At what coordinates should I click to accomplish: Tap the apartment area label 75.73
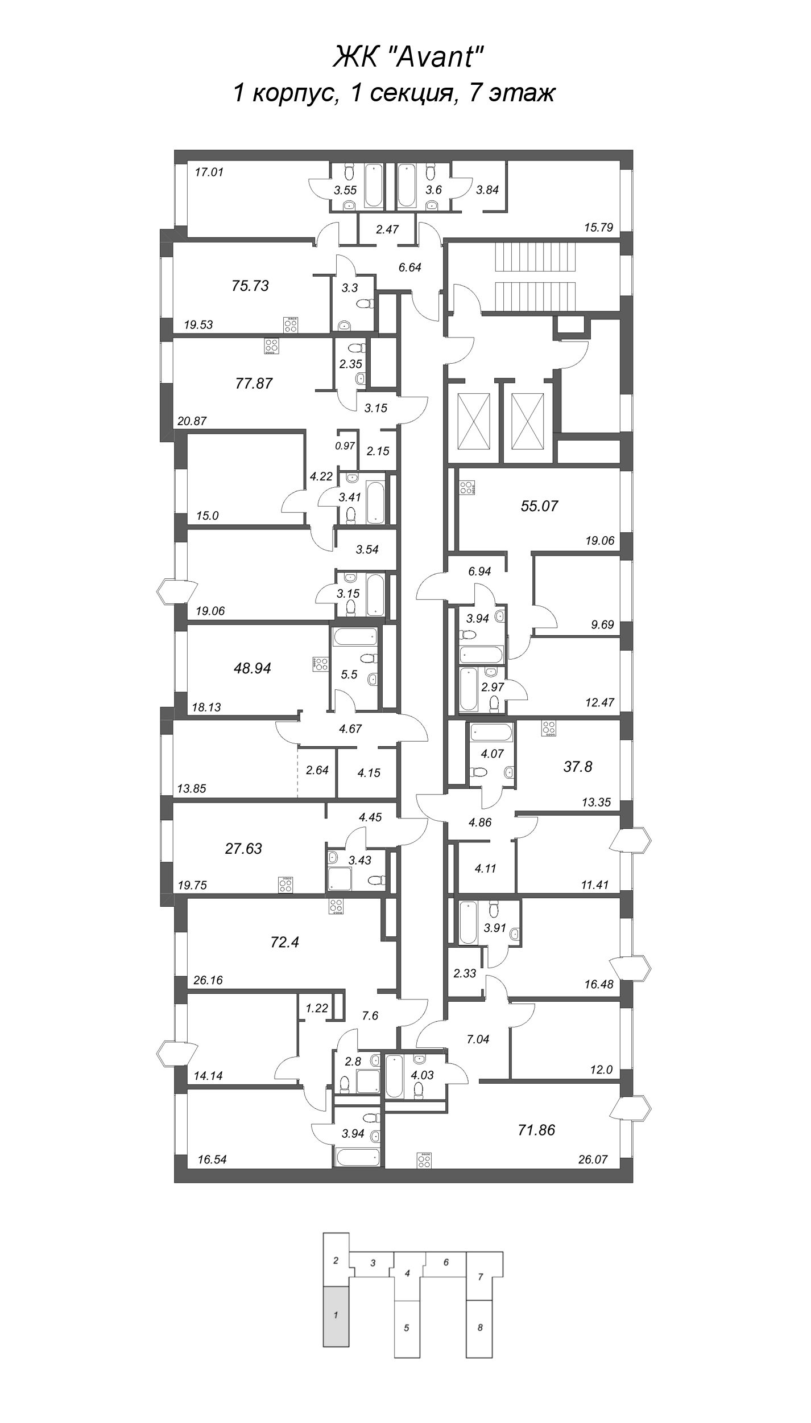click(250, 286)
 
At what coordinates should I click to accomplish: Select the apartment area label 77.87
click(254, 383)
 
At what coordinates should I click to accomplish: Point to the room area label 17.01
click(209, 171)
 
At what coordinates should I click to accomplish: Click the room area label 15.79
click(598, 228)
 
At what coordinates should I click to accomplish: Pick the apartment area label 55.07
click(539, 505)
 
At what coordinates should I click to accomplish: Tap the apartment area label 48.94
click(252, 668)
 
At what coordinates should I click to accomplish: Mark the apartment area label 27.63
click(243, 849)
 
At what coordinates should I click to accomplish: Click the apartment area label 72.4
click(285, 943)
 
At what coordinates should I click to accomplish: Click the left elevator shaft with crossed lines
click(474, 421)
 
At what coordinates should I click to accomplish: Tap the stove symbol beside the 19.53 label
click(291, 325)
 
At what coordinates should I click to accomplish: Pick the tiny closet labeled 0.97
click(345, 446)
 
